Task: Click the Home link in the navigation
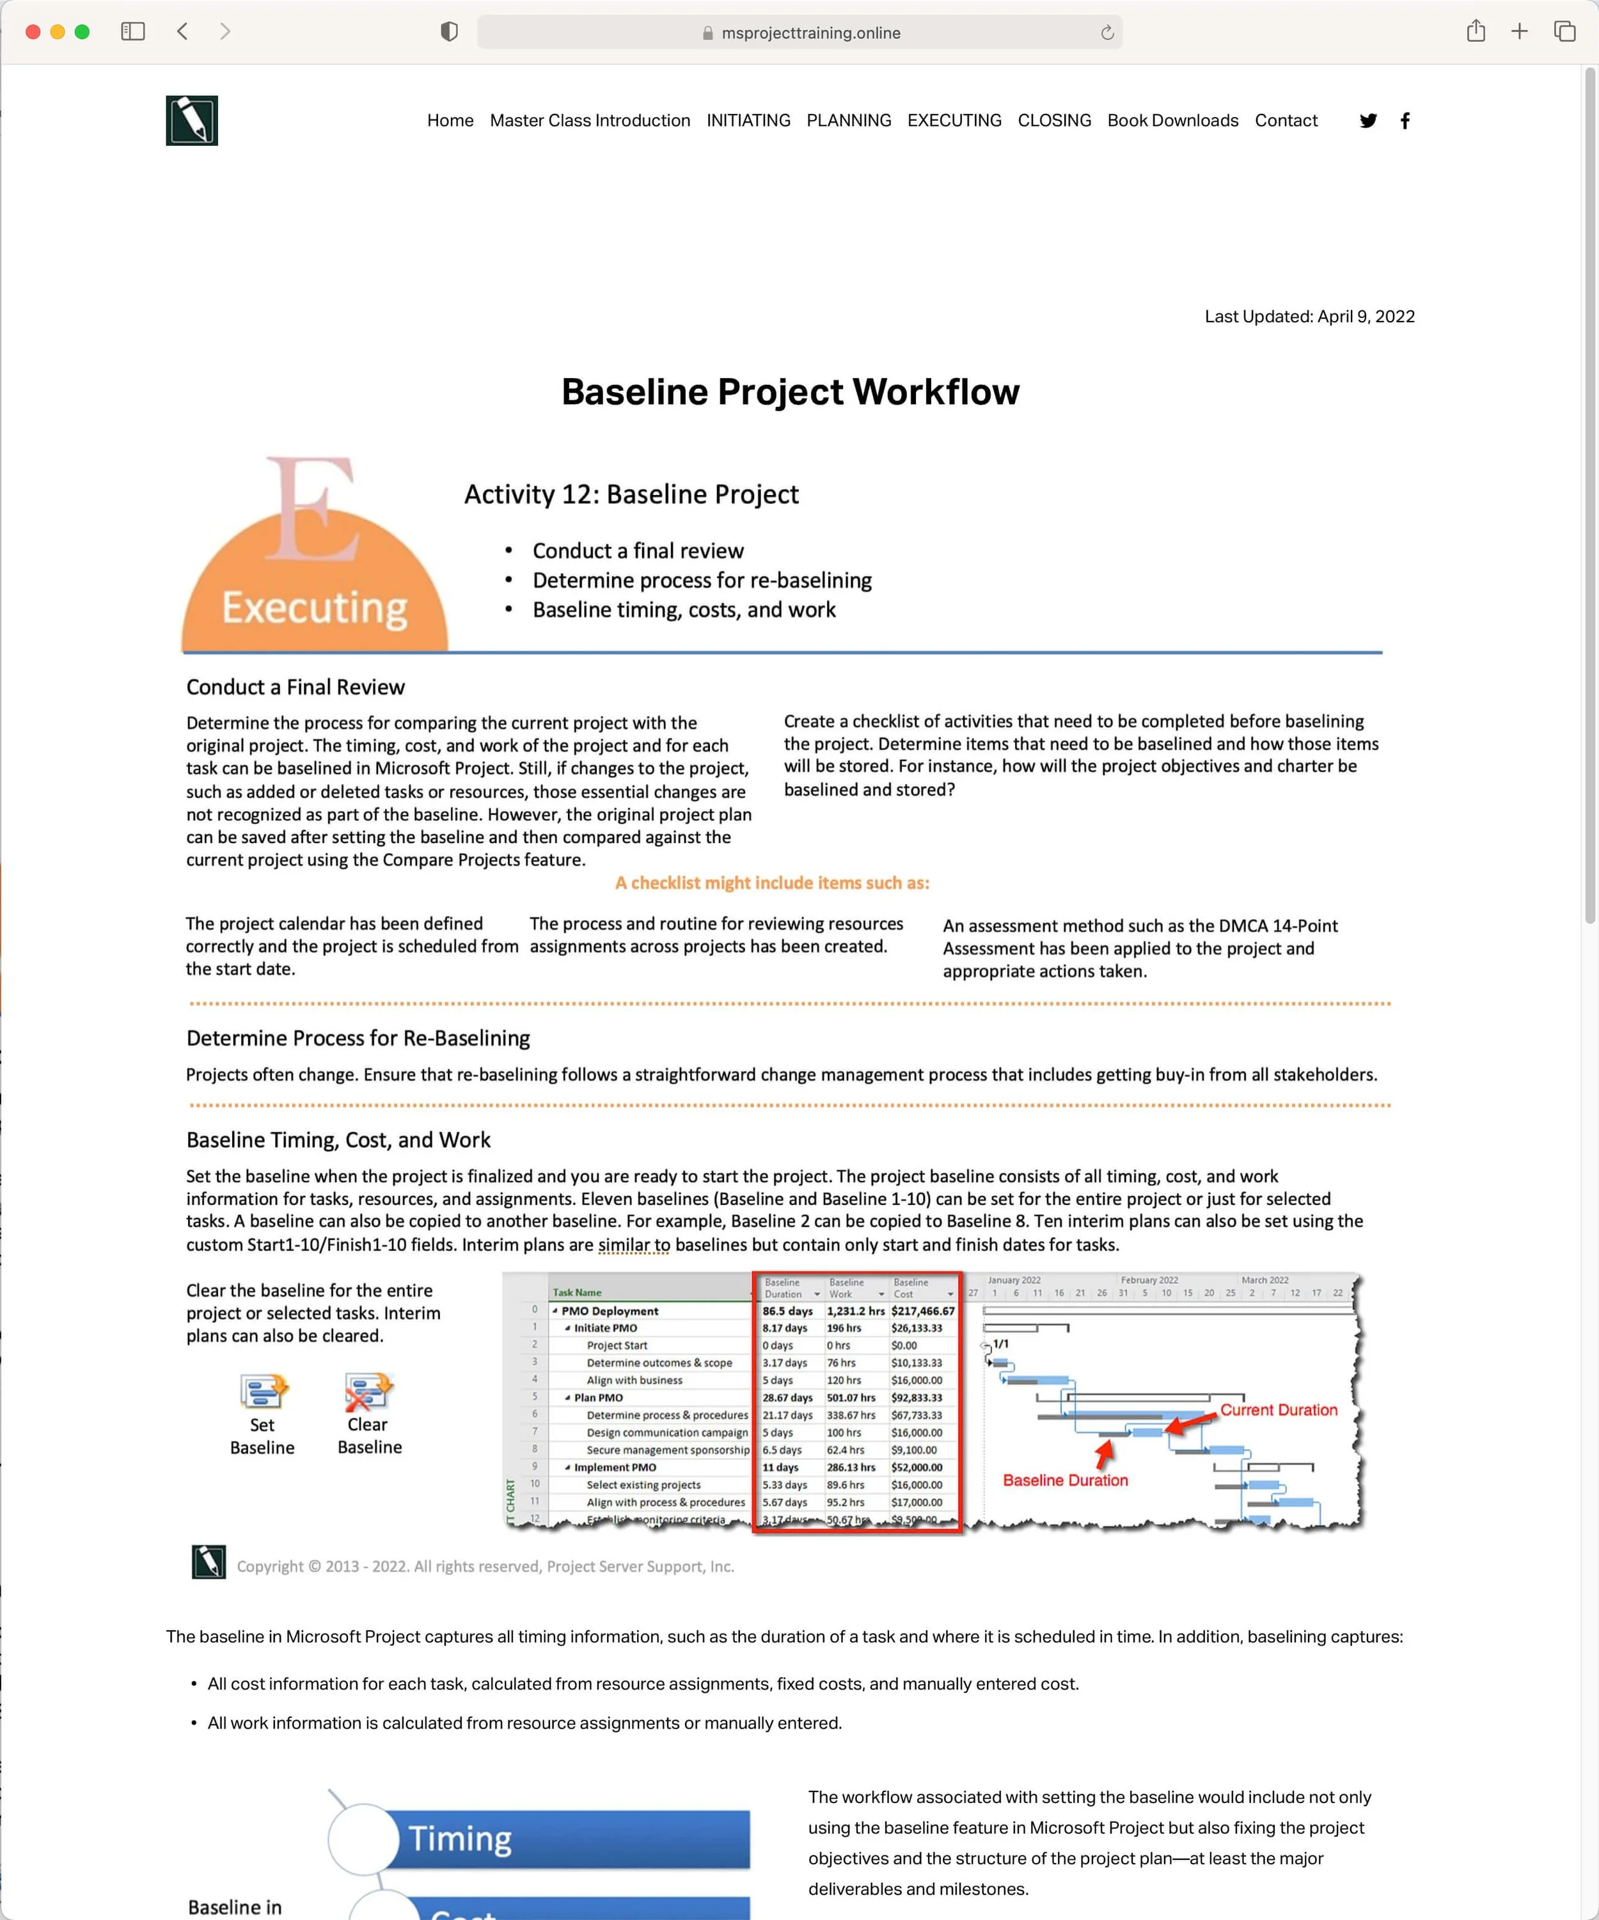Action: click(450, 121)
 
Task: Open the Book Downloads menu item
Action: click(1172, 121)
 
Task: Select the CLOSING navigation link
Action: click(1054, 121)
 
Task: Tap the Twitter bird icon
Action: click(1367, 121)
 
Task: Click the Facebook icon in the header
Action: click(1405, 121)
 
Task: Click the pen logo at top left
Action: click(192, 121)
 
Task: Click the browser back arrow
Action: click(183, 32)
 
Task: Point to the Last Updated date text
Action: click(1309, 317)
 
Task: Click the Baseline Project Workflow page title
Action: click(790, 391)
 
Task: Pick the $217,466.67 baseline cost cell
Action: click(922, 1311)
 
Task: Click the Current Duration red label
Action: click(1278, 1410)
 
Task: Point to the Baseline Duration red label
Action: click(1065, 1480)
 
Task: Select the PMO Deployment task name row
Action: click(610, 1311)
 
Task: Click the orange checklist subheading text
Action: click(771, 883)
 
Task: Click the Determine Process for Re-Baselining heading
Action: click(358, 1039)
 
